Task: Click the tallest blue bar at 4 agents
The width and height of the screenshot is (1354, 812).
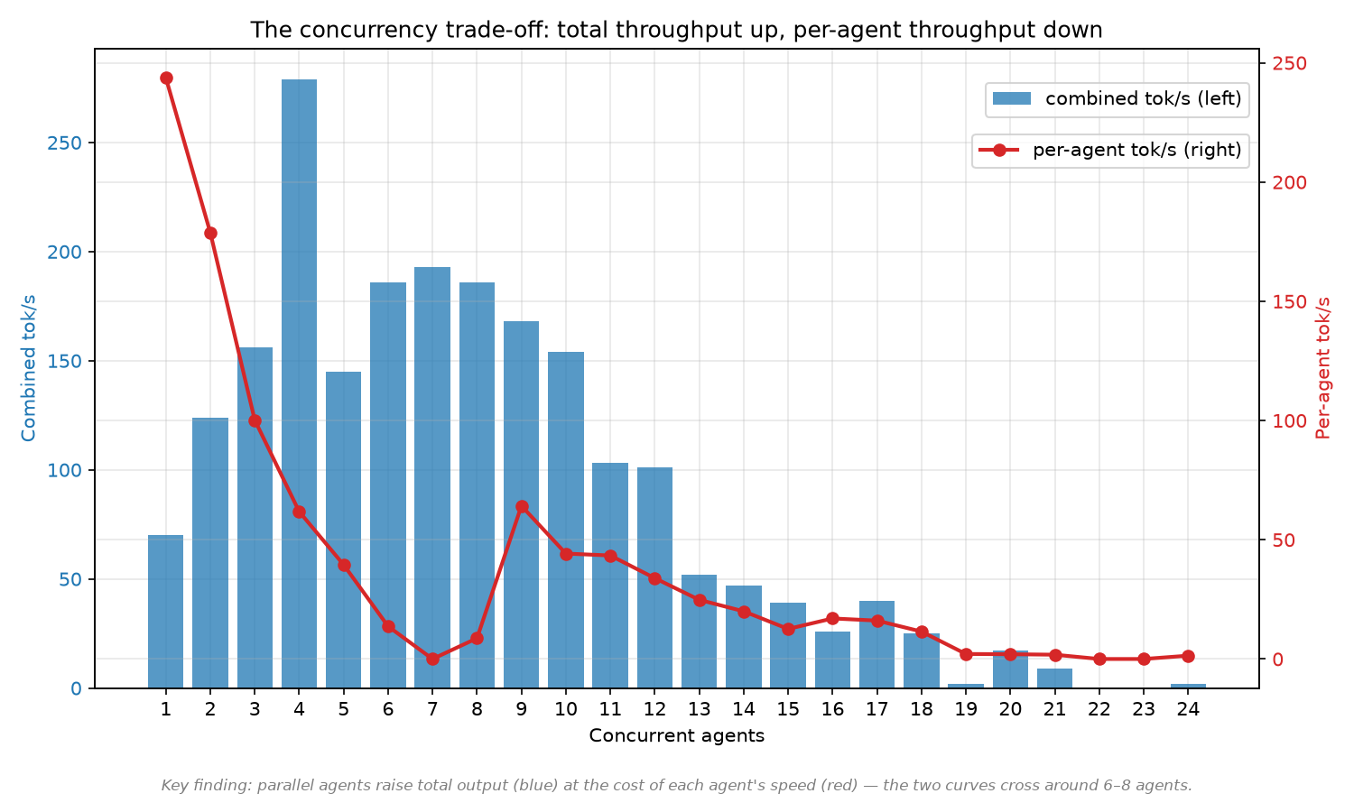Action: (299, 383)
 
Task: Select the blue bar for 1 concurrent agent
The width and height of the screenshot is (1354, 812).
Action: (165, 612)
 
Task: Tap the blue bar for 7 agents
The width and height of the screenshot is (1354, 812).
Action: (432, 477)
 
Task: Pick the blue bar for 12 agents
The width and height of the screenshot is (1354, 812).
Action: (654, 577)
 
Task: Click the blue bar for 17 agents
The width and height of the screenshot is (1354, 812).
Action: (877, 645)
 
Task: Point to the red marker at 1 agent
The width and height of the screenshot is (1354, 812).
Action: (167, 78)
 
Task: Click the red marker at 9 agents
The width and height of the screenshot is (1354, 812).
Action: (523, 507)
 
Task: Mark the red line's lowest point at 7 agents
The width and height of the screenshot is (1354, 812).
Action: (432, 660)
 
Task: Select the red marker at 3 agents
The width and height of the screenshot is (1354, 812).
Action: (255, 421)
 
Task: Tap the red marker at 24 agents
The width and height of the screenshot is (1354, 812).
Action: (1189, 656)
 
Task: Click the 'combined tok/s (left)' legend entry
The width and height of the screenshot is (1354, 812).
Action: (1118, 99)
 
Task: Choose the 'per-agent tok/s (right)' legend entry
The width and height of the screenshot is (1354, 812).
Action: (1109, 150)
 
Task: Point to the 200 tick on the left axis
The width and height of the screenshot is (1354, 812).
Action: (65, 252)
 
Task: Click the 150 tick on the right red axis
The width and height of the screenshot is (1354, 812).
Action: (1289, 302)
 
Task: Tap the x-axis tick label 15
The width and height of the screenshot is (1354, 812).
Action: (788, 709)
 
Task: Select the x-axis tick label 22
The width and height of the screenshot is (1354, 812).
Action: (1099, 709)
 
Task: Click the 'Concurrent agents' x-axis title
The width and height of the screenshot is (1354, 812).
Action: (677, 736)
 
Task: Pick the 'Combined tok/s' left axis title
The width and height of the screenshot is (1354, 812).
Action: (28, 368)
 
